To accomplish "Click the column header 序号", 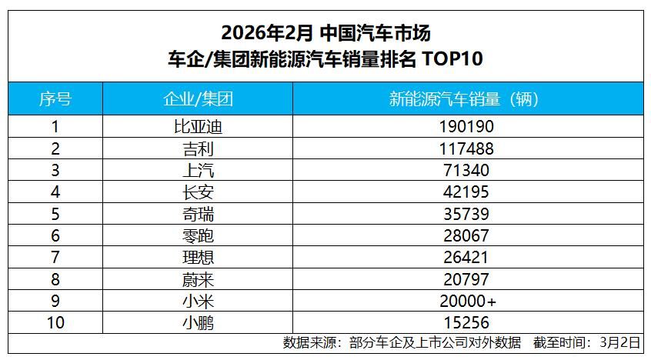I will [x=55, y=99].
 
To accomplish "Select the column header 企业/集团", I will [x=199, y=99].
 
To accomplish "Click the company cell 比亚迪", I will [x=199, y=126].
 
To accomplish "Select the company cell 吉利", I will [x=199, y=148].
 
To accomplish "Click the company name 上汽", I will [x=199, y=170].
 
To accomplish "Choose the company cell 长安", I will [x=199, y=192].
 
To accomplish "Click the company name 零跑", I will [x=199, y=236].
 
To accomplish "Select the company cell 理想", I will [x=199, y=258].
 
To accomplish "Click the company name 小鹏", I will [x=199, y=324].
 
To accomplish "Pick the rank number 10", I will [x=55, y=324].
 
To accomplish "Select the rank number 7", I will [x=55, y=258].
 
